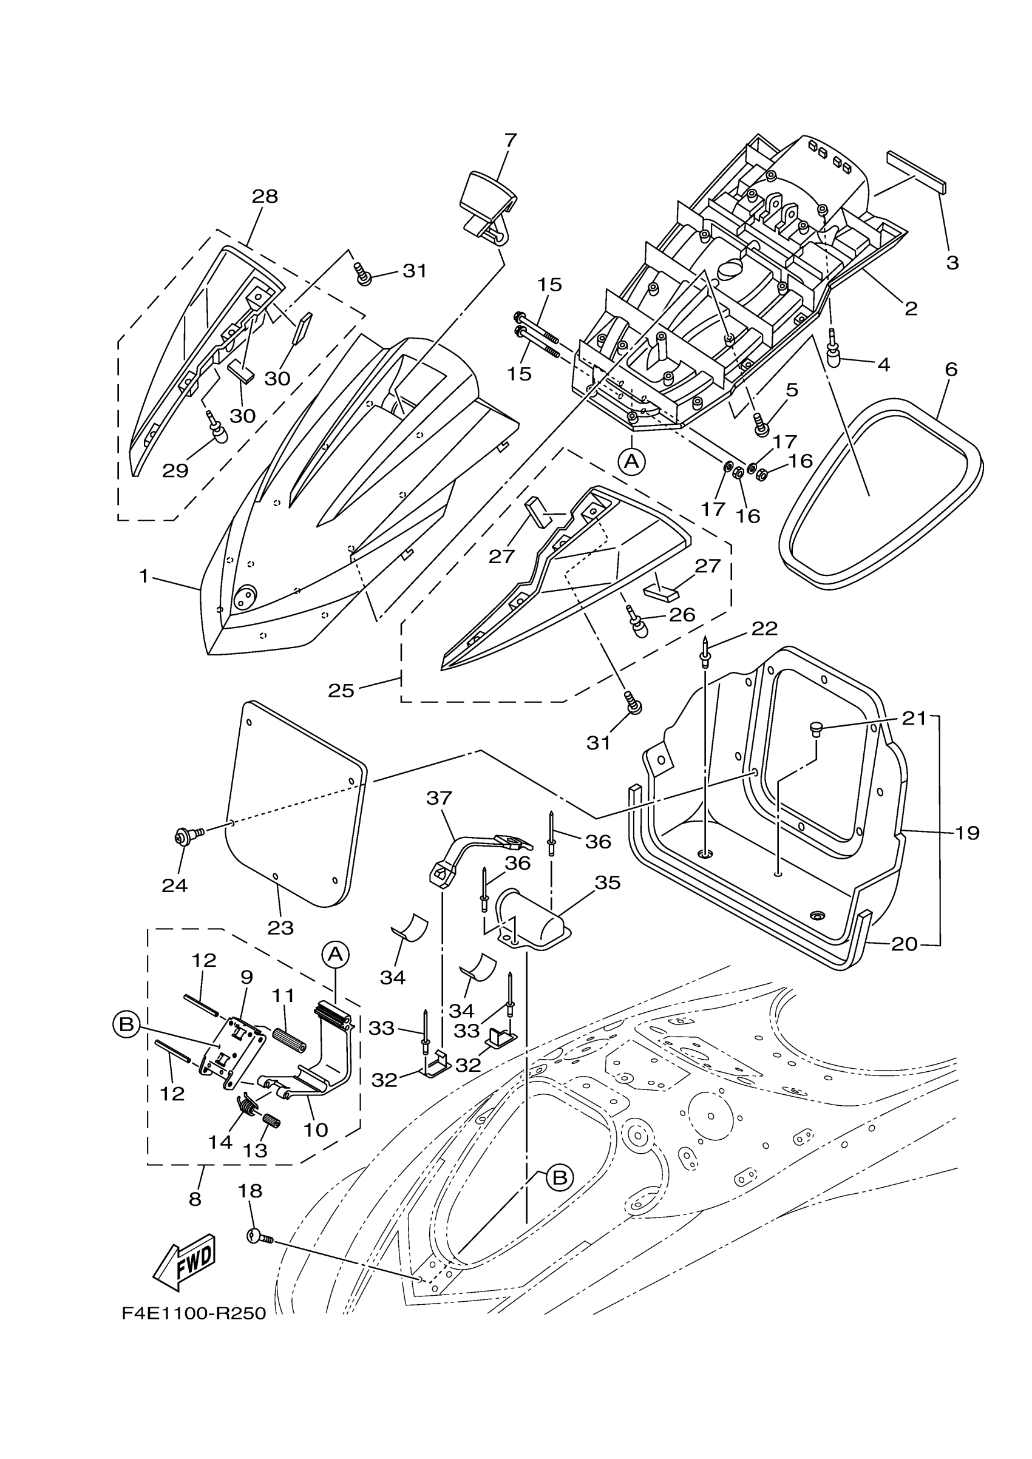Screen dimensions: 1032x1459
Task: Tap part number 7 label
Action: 511,139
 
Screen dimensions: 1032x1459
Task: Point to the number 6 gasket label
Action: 951,369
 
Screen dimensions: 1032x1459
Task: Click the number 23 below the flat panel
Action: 280,928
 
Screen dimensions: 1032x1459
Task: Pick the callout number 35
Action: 608,882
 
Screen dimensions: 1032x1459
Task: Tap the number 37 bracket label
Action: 438,798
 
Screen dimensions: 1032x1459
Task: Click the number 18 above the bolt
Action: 250,1191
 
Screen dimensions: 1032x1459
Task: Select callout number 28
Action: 265,197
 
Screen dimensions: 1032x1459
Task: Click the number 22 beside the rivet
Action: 764,629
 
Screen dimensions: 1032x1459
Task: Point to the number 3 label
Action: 952,262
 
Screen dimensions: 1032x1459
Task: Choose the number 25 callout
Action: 341,691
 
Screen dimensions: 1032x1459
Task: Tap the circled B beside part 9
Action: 126,1024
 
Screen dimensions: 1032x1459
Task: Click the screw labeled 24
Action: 189,839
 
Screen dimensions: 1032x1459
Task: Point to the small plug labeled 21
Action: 816,728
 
